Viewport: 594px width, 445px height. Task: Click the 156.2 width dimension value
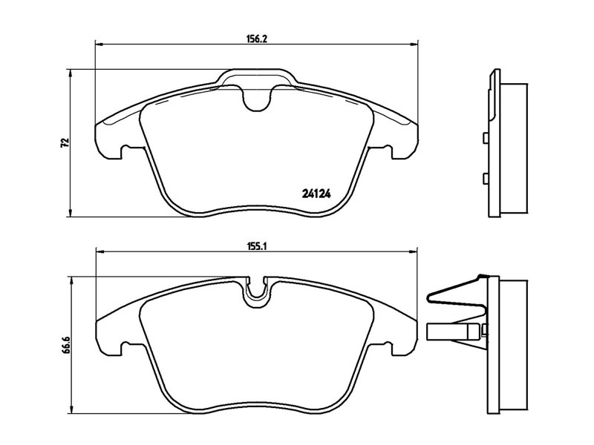257,39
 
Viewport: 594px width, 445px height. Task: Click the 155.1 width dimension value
257,246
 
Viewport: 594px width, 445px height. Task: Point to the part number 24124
316,194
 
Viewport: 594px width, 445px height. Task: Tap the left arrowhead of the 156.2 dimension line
99,44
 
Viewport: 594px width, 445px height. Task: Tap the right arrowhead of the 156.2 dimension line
414,44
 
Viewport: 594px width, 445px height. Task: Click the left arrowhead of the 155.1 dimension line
101,251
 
